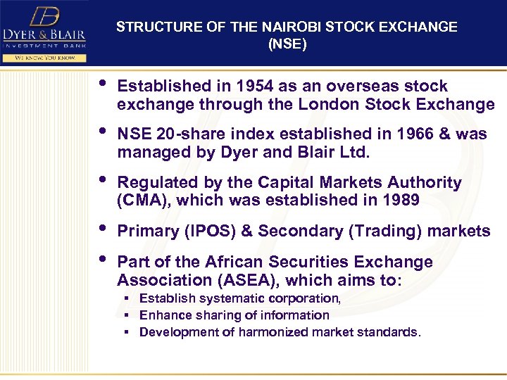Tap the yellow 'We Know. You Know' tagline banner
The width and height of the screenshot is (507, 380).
44,57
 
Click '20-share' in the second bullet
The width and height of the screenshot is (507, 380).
189,134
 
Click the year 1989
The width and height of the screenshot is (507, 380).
400,200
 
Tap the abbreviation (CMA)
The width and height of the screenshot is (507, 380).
144,200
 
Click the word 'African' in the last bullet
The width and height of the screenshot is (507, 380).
233,262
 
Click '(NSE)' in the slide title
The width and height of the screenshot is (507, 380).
287,44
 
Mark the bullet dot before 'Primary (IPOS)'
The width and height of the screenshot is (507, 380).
104,228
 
